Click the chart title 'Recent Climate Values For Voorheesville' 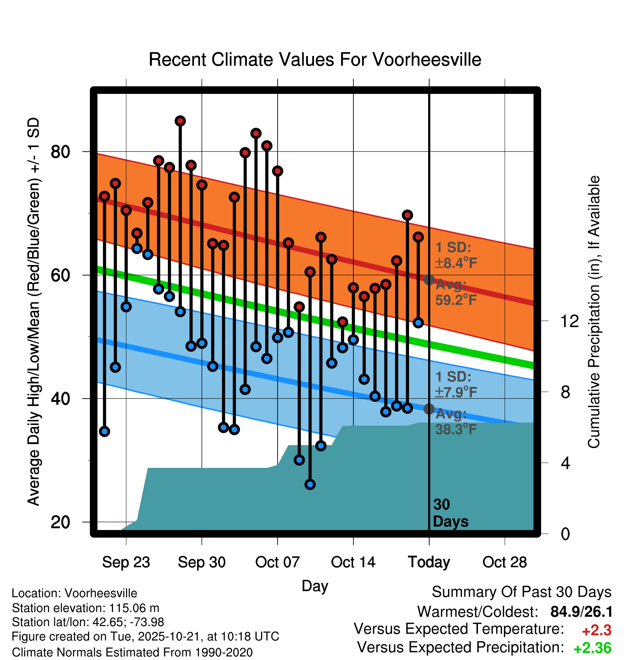coord(315,60)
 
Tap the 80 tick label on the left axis coord(60,152)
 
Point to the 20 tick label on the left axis coord(60,522)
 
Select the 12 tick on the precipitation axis coord(570,321)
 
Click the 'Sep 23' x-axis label coord(126,562)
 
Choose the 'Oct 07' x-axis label coord(277,562)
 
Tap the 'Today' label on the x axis coord(429,562)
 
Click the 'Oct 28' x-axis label coord(505,562)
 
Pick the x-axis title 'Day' coord(315,586)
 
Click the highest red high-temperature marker coord(180,121)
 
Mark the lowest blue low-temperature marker coord(310,484)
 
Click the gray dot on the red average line coord(429,279)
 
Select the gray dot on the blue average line coord(429,409)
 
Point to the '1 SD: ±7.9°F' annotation coord(456,384)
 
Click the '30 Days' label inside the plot coord(450,513)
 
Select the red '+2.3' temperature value coord(596,630)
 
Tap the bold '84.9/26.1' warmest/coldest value coord(581,612)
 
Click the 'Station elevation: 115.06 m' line coord(86,608)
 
